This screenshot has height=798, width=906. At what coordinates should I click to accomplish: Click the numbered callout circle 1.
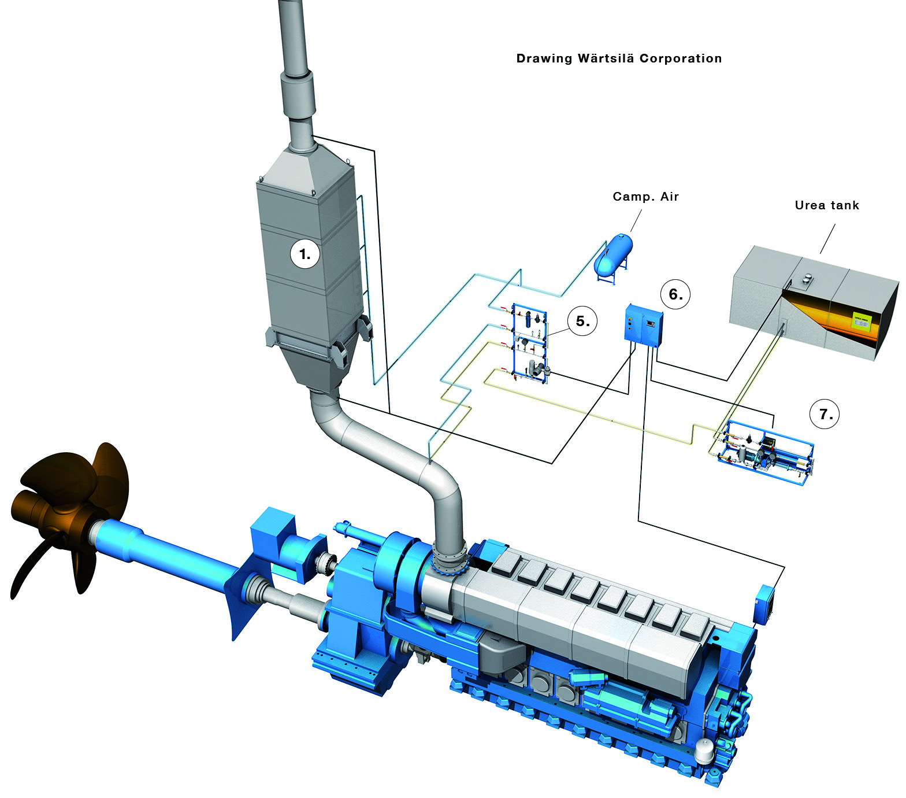[305, 254]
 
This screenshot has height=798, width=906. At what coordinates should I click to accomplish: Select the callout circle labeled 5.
[583, 321]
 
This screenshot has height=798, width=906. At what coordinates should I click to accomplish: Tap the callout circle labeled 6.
[675, 294]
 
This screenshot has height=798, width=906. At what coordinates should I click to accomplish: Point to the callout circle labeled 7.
[825, 414]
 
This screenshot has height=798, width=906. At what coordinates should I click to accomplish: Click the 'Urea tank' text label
[826, 205]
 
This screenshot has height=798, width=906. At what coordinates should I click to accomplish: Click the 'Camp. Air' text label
[645, 197]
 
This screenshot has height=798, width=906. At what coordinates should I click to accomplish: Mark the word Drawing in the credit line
[544, 58]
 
